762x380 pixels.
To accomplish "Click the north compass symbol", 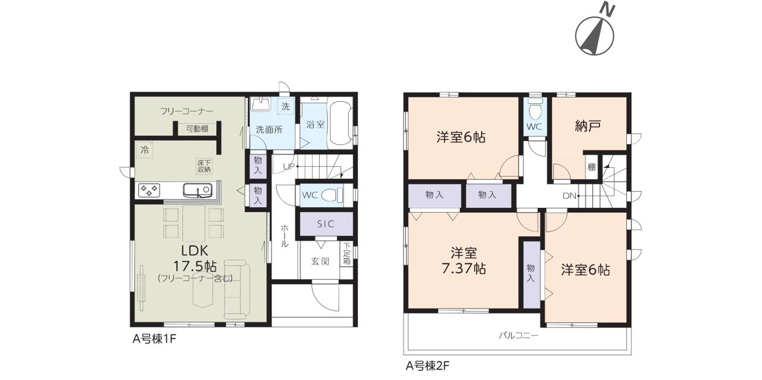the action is tap(595, 32).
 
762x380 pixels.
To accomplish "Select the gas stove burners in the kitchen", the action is tap(149, 191).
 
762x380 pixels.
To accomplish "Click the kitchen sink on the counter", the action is tap(198, 190).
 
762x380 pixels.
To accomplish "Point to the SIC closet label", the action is tap(326, 224).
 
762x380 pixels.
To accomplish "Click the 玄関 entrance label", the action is tap(320, 261).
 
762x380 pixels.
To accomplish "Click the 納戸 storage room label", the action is tap(588, 126).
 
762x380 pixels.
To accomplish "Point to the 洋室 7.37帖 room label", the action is tap(464, 261).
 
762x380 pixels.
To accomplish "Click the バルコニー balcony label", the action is tap(519, 336).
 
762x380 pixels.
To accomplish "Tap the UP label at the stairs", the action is tap(289, 167).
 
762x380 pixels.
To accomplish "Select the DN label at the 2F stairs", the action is tap(569, 196).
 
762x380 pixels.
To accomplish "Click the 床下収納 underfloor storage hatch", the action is tap(204, 166).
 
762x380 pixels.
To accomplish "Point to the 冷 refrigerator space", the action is tap(145, 150).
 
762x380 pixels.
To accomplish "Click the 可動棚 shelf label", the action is tap(197, 129).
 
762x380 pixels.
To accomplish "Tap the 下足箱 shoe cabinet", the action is tap(346, 254).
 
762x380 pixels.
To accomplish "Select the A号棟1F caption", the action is tap(154, 339).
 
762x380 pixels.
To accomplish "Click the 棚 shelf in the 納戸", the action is tap(592, 167).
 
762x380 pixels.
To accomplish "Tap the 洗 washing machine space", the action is tap(285, 107).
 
